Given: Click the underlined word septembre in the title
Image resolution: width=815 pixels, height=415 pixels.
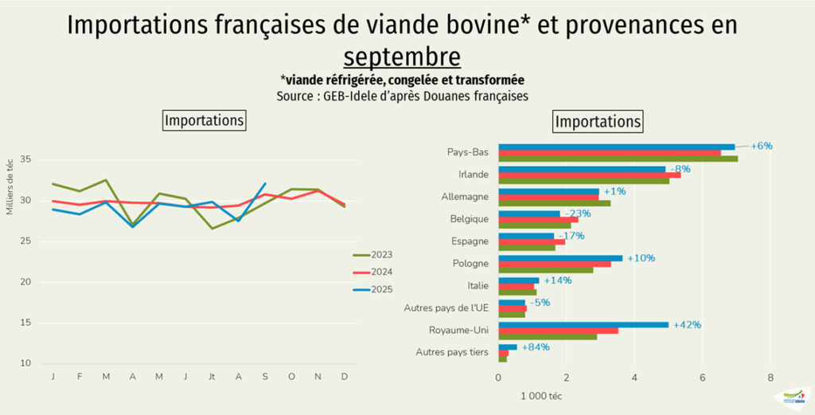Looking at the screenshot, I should tap(402, 57).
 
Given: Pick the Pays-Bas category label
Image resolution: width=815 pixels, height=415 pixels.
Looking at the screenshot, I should tap(469, 152).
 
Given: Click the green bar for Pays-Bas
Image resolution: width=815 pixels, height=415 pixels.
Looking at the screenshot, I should tap(618, 159).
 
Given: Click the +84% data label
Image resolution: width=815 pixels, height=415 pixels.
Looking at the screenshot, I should tap(536, 347).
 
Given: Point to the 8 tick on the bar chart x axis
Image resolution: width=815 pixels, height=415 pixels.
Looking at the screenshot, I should tap(770, 377).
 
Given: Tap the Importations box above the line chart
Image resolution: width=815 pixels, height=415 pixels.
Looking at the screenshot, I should tap(204, 121).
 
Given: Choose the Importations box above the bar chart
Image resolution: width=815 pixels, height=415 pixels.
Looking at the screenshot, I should tap(597, 122).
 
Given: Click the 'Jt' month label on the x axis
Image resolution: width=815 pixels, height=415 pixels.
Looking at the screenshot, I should tap(212, 377).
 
